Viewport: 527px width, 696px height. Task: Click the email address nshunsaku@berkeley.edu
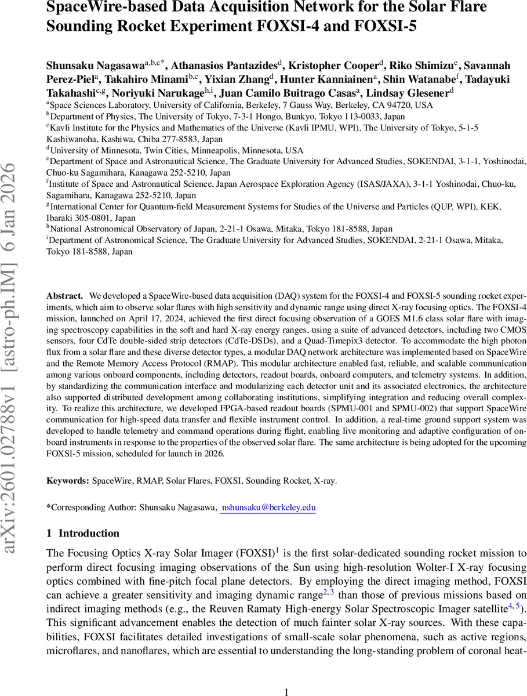267,507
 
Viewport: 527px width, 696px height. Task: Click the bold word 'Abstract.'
64,295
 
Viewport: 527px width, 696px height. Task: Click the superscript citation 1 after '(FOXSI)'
277,551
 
